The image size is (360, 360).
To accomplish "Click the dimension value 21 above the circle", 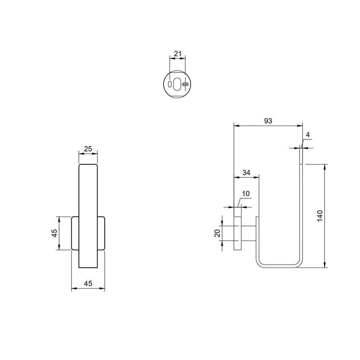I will point(178,53).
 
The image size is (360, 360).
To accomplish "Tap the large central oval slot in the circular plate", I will point(177,84).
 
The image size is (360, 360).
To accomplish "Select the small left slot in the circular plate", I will point(169,84).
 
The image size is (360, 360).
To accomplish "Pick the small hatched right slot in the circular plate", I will point(185,84).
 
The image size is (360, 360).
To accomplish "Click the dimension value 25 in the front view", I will point(88,149).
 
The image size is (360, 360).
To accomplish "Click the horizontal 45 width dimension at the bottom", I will point(88,284).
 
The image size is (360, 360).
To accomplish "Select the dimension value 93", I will point(268,121).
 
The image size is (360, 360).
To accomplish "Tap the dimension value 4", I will point(308,135).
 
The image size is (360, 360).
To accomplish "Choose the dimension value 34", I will point(246,173).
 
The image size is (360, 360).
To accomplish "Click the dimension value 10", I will point(246,194).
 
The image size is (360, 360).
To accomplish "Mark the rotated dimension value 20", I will point(217,233).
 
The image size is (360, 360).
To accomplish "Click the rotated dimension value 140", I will point(320,216).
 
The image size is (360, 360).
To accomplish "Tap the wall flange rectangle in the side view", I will point(238,233).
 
